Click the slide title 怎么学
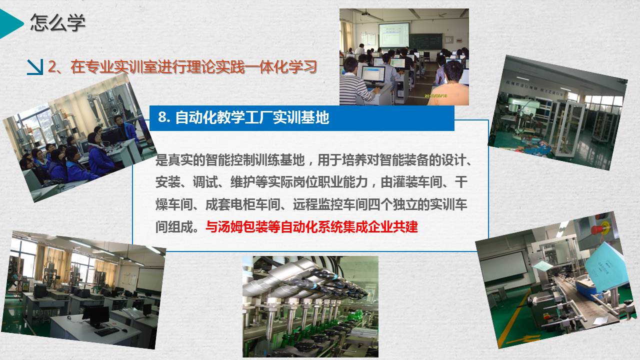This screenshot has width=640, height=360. tap(57, 22)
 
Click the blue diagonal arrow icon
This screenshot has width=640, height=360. tap(35, 67)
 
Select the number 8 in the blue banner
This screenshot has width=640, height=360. tap(162, 117)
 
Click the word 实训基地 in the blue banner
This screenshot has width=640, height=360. tap(301, 117)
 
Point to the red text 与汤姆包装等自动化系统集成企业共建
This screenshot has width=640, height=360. tap(311, 227)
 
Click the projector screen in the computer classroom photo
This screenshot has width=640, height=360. tap(394, 34)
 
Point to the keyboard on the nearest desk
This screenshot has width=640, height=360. tap(107, 331)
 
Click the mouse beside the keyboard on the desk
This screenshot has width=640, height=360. tap(124, 330)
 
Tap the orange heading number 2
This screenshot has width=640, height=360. tap(52, 66)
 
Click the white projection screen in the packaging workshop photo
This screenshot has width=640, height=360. tap(503, 267)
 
